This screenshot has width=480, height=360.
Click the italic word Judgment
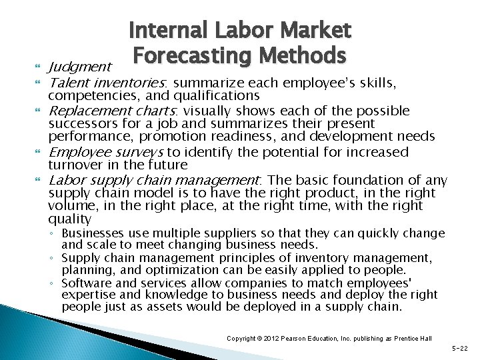(x=79, y=67)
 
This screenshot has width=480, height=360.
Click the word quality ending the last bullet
(x=70, y=219)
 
